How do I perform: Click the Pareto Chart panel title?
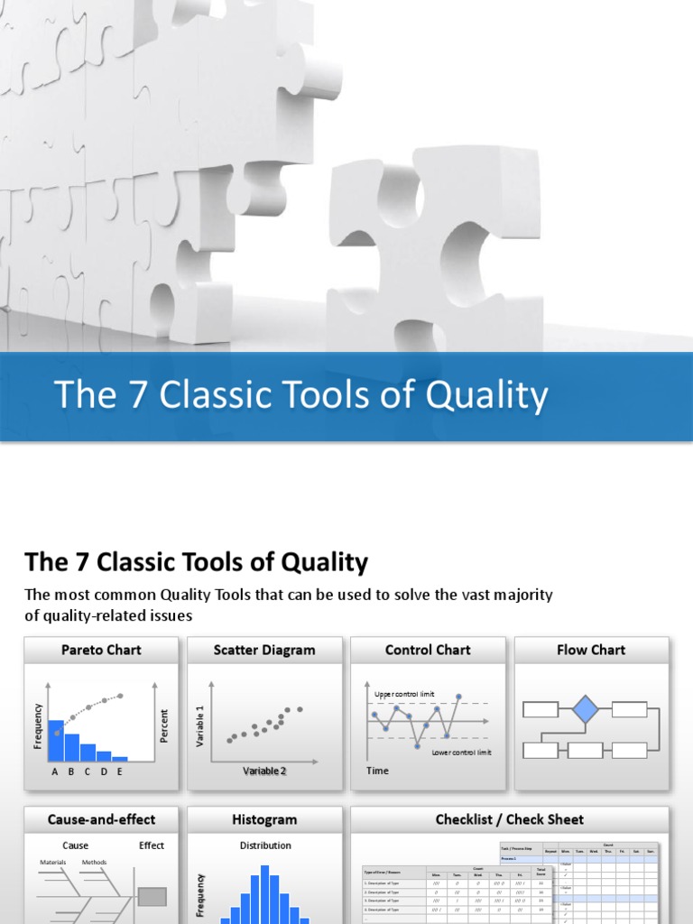101,650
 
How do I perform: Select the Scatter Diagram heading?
264,650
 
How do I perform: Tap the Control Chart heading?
428,650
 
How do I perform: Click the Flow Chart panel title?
591,650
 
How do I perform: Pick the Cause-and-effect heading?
101,819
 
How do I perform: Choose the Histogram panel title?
264,819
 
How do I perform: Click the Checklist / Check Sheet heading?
509,819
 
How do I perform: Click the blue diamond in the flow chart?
586,709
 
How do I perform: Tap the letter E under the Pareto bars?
120,772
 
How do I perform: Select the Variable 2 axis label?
264,771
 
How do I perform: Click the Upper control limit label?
404,693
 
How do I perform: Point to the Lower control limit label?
461,753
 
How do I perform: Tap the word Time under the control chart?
378,771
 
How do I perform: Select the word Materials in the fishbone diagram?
54,863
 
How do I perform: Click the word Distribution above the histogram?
265,845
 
